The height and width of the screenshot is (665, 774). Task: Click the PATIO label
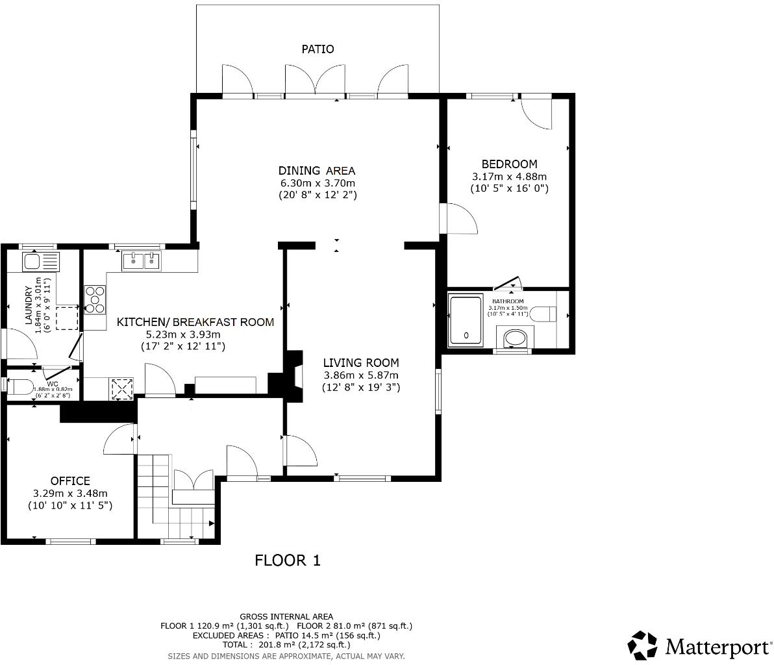tap(318, 49)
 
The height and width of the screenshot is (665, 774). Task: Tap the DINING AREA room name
tap(317, 171)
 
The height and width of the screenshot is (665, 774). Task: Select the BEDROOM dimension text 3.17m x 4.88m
tap(509, 177)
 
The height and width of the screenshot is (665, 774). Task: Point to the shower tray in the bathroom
tap(466, 321)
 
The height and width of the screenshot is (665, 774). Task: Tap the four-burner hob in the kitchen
tap(95, 300)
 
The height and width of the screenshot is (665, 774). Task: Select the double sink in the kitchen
tap(142, 261)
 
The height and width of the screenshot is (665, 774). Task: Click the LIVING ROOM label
tap(361, 363)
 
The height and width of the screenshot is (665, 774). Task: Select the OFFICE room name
tap(70, 481)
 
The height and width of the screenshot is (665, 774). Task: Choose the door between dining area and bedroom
tap(458, 219)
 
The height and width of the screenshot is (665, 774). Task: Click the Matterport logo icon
tap(642, 645)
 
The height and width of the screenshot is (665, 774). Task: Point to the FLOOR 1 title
tap(288, 560)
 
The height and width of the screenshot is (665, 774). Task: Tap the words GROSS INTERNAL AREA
tap(286, 616)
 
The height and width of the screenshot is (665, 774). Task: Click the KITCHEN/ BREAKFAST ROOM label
tap(195, 322)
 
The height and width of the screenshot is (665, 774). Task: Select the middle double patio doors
tap(316, 81)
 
